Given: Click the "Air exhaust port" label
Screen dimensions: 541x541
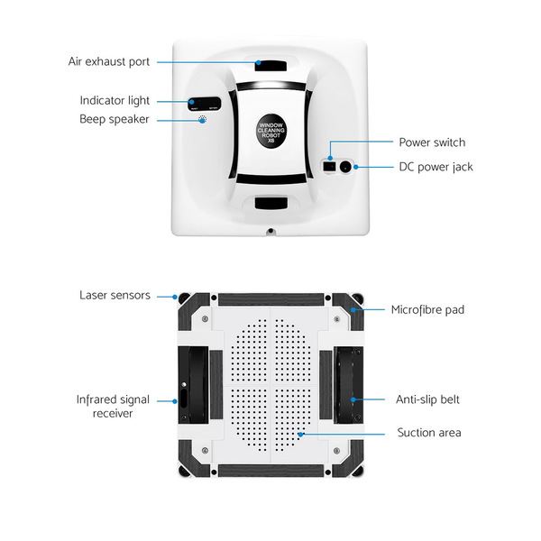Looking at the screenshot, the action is point(109,61).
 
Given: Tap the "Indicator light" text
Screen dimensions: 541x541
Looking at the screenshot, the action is point(115,101).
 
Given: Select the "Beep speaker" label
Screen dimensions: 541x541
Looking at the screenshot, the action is point(115,119).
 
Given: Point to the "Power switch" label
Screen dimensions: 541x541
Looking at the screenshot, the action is point(432,142).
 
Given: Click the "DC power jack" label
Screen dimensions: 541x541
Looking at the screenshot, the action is point(436,167).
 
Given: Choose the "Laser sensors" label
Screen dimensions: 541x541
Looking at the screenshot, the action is point(115,296).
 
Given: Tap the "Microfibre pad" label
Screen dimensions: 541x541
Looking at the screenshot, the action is point(427,310).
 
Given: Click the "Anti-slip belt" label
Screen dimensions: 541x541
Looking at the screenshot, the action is point(427,399).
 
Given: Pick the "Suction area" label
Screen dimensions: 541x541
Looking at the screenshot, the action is point(429,433).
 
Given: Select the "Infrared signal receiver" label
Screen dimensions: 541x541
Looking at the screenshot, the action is point(113,407).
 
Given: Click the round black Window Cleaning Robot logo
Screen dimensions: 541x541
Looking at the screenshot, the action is point(271,131).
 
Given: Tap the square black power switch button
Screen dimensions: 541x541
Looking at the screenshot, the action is point(329,167).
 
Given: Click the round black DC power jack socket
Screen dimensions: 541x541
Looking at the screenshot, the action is point(345,167).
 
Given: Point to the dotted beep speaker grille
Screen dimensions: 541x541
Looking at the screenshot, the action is point(203,120).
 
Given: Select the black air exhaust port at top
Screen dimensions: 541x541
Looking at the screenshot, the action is point(270,66).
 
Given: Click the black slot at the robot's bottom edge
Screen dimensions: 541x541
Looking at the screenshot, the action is point(270,203).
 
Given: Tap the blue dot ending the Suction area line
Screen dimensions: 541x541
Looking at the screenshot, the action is point(301,435).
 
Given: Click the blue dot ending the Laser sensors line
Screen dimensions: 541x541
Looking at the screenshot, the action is point(175,297).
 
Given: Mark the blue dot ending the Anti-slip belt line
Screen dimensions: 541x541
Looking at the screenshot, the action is point(353,399).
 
